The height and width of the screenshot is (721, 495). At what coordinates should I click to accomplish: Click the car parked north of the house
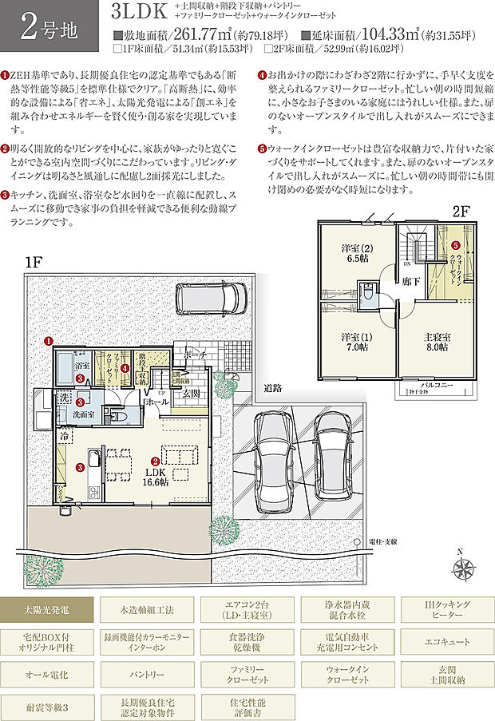tap(210, 299)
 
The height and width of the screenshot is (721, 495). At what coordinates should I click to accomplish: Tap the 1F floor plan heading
tap(33, 261)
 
